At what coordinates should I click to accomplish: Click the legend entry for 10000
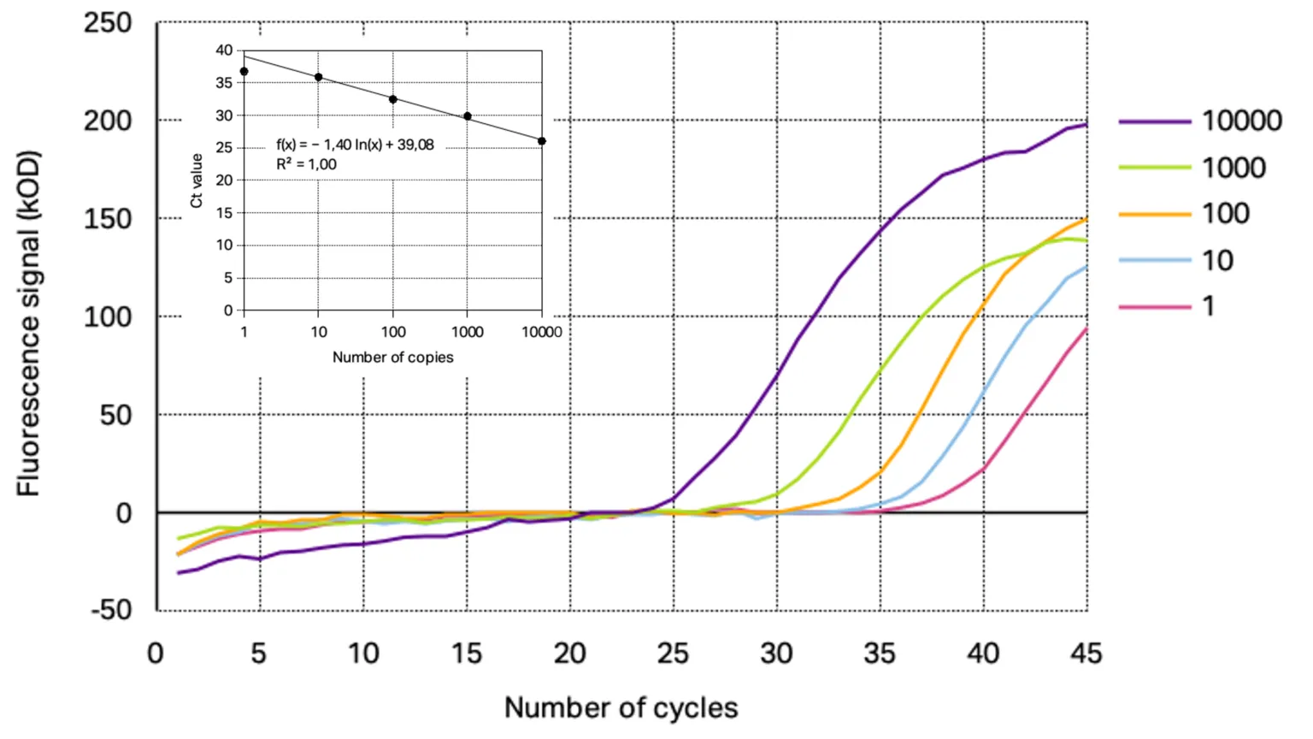click(x=1241, y=121)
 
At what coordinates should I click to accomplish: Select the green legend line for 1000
click(x=1154, y=168)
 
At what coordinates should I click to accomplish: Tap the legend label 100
click(x=1226, y=214)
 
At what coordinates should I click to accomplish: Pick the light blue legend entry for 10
click(x=1154, y=260)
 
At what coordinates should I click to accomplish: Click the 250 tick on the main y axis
click(x=108, y=23)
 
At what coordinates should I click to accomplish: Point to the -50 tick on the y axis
click(x=111, y=611)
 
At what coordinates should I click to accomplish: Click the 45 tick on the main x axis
click(x=1086, y=654)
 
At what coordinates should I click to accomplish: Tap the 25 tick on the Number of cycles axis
click(x=673, y=654)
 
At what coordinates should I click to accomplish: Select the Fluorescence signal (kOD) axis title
click(x=29, y=323)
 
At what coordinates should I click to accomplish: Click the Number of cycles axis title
click(x=621, y=708)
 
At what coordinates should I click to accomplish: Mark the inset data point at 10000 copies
click(x=542, y=141)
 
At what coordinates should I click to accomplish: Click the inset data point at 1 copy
click(x=244, y=72)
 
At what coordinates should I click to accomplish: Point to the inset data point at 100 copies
click(x=393, y=99)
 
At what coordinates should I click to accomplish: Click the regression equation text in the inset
click(x=355, y=145)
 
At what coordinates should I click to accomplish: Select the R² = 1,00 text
click(x=306, y=164)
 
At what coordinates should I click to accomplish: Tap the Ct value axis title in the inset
click(x=197, y=180)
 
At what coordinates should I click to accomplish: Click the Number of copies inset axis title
click(x=392, y=358)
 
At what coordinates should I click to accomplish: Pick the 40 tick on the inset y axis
click(x=224, y=50)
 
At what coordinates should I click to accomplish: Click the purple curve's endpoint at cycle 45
click(x=1086, y=125)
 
